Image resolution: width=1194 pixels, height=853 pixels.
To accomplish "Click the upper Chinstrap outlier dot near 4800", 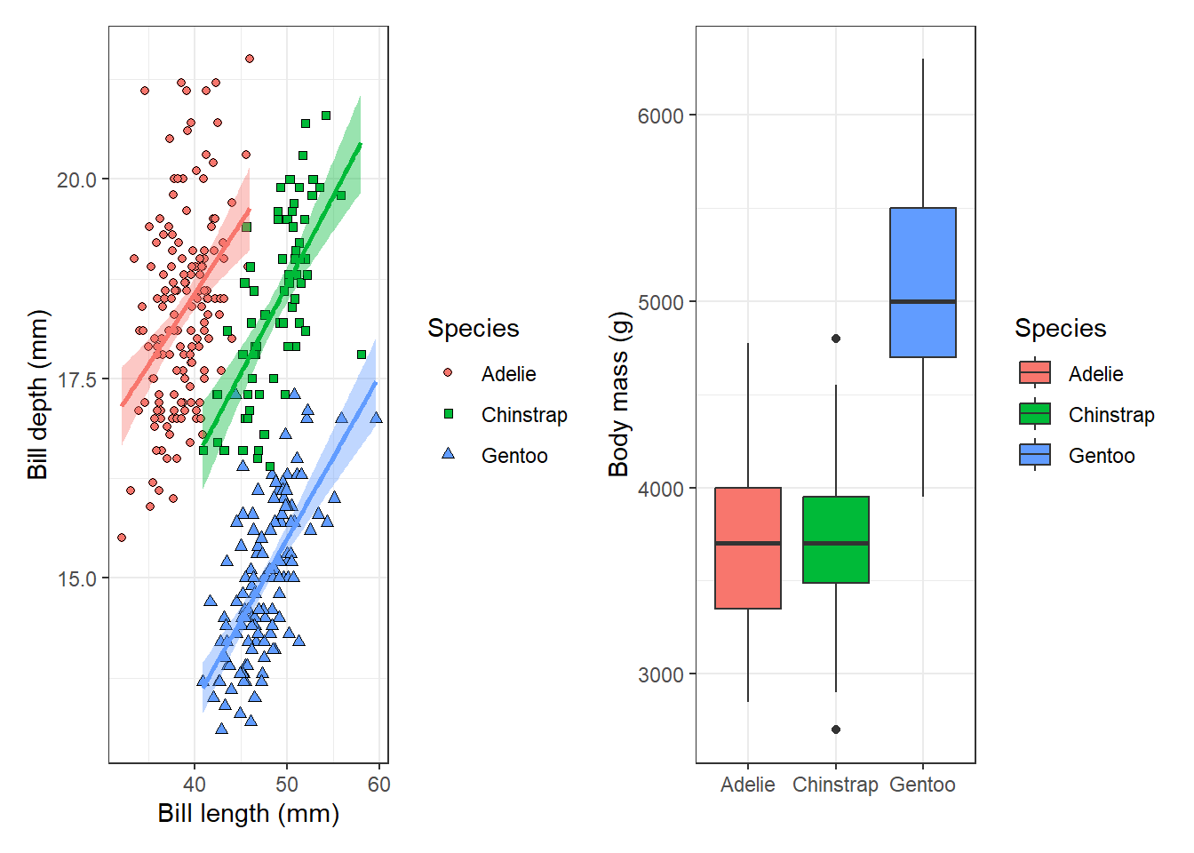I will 836,339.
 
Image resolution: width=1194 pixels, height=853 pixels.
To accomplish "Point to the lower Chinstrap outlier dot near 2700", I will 836,729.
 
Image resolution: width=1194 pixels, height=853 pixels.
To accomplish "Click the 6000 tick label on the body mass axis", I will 660,116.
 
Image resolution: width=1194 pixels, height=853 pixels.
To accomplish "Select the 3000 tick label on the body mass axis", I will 660,674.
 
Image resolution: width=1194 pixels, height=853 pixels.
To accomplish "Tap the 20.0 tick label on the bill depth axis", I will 76,180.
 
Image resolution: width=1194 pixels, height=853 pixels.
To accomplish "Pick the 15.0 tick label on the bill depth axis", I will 76,579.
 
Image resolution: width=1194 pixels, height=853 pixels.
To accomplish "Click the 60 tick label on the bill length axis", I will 379,785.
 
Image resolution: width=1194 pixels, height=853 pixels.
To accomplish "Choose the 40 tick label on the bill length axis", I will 195,785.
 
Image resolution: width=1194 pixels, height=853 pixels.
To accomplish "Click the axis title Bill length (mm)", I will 249,814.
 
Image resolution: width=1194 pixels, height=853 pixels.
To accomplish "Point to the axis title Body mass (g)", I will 619,394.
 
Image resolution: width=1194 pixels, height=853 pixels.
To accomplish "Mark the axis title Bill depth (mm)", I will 37,394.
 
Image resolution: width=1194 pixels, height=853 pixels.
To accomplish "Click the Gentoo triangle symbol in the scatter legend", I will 449,454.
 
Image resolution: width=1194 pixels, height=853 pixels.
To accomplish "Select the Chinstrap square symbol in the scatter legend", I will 449,414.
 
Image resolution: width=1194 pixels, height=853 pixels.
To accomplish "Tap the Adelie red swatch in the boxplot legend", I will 1035,373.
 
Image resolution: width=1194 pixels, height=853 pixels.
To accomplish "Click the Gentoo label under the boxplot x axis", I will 922,785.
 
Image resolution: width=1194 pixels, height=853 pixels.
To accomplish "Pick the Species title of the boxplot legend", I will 1060,329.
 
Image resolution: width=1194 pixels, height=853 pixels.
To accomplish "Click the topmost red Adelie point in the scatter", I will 250,59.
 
